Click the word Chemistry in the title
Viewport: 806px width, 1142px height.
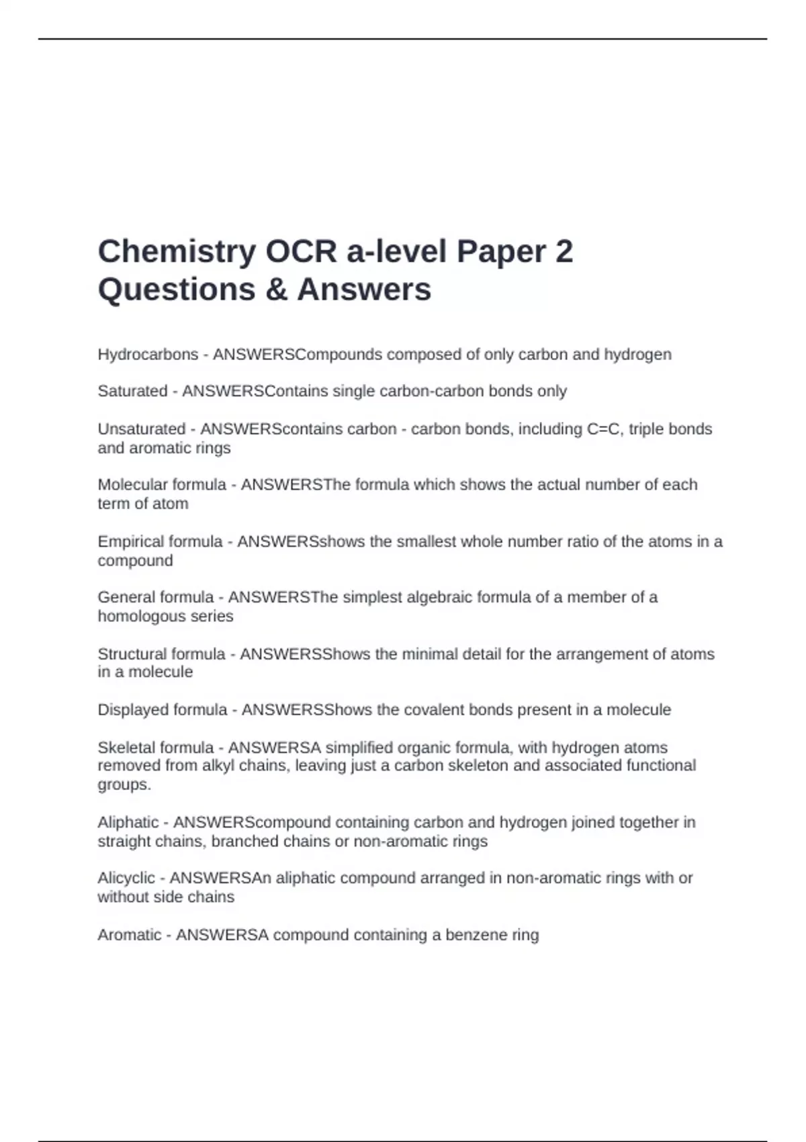[177, 252]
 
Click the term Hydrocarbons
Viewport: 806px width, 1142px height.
[148, 354]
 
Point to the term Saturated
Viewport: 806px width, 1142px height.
[132, 391]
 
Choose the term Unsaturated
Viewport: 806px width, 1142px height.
[142, 429]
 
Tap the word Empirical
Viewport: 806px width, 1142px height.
[125, 541]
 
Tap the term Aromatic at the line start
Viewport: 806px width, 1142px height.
[129, 935]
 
